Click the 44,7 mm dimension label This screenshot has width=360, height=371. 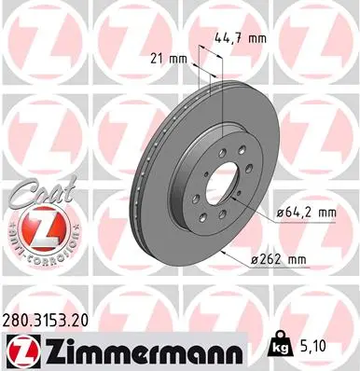point(241,39)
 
